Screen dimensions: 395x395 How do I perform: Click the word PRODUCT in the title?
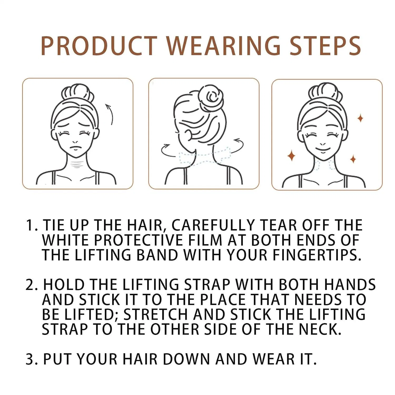click(x=99, y=46)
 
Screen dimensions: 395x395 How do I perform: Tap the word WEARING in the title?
click(x=223, y=46)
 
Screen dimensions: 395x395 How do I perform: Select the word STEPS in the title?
click(x=325, y=46)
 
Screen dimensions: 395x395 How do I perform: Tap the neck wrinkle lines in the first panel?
click(x=76, y=165)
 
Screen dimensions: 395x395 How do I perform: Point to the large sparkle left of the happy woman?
click(x=291, y=155)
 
